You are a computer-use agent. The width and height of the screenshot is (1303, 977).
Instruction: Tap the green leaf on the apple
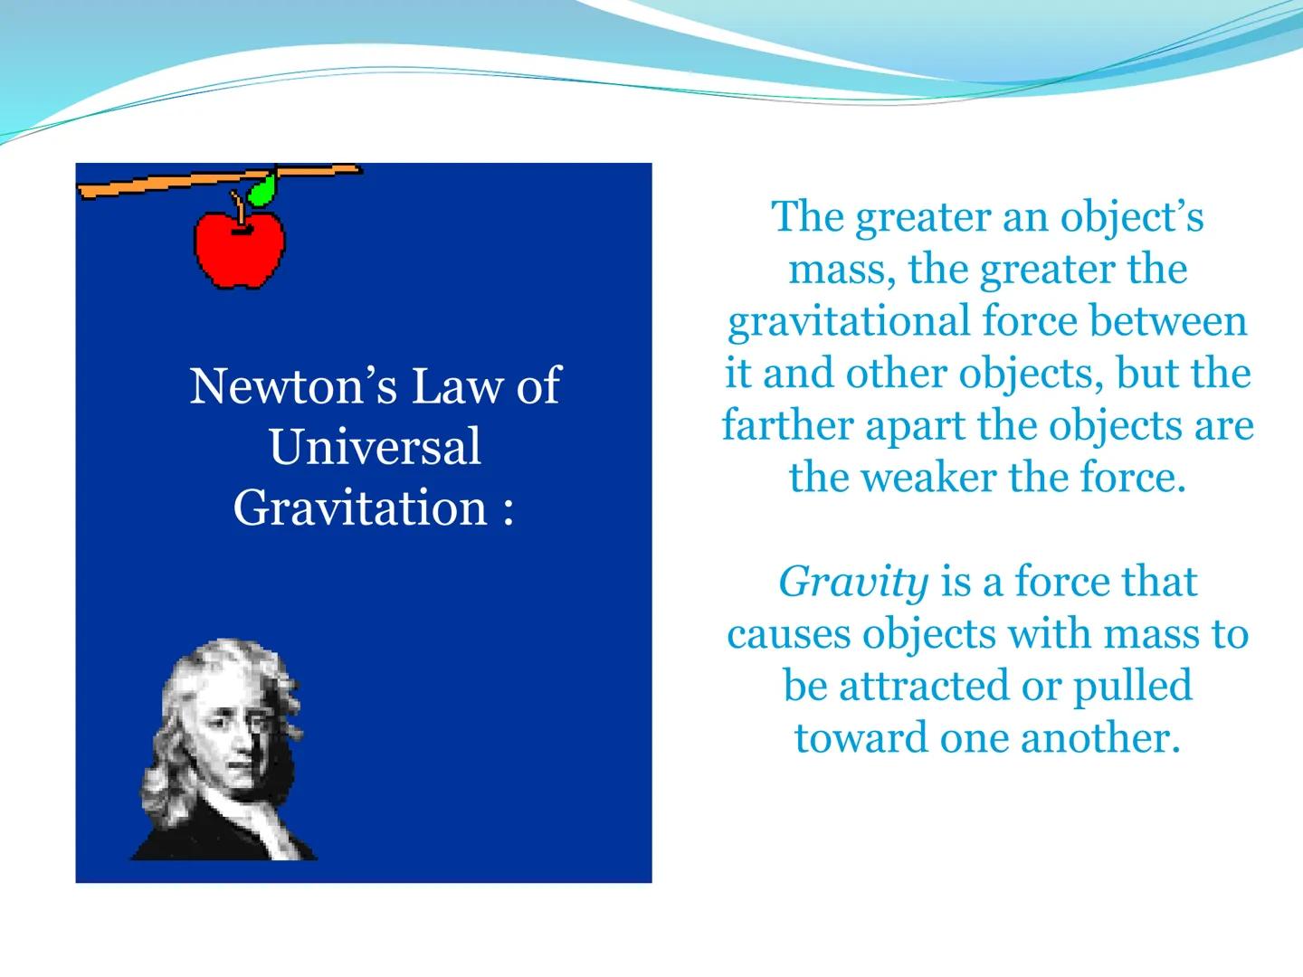pyautogui.click(x=262, y=191)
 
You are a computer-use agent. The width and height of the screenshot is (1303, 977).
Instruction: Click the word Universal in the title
pyautogui.click(x=374, y=447)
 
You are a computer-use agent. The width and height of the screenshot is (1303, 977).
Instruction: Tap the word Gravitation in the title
pyautogui.click(x=360, y=507)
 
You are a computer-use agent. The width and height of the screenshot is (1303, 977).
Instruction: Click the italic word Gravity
pyautogui.click(x=853, y=582)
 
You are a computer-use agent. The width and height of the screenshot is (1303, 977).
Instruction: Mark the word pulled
pyautogui.click(x=1132, y=686)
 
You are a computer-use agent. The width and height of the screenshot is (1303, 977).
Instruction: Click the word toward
pyautogui.click(x=861, y=737)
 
